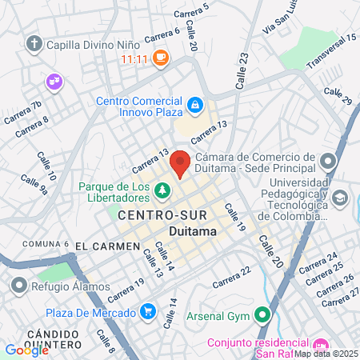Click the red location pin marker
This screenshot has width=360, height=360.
(180, 162)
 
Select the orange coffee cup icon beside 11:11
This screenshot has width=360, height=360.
(161, 58)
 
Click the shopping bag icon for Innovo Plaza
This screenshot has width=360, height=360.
(194, 104)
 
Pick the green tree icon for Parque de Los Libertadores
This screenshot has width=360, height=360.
(162, 190)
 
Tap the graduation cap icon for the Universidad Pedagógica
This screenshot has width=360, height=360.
(340, 197)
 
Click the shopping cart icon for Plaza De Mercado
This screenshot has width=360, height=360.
(147, 310)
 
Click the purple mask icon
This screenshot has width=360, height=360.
(54, 80)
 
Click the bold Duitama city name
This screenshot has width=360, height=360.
(193, 231)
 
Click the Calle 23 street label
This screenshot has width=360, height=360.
(243, 62)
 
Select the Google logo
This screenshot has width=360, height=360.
(26, 350)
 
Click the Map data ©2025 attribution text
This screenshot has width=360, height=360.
(326, 354)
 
